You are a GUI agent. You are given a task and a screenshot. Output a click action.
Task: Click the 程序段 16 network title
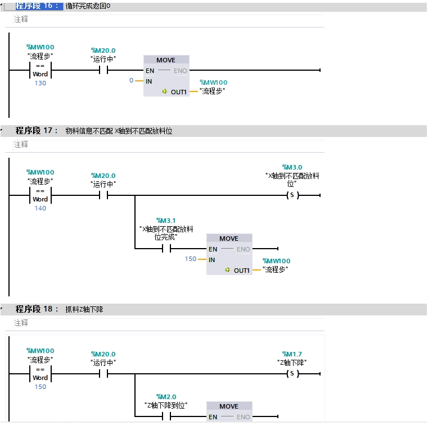pos(37,6)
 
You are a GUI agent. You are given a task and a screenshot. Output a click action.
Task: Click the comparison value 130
pos(40,83)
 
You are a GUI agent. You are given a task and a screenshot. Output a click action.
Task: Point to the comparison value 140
pos(40,208)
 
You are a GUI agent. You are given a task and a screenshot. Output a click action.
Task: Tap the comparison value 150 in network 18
pos(40,387)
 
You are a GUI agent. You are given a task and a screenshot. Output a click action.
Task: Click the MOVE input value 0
pos(132,81)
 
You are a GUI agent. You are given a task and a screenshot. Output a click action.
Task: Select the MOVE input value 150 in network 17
pos(191,259)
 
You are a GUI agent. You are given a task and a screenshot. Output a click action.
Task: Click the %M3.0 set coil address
pos(292,167)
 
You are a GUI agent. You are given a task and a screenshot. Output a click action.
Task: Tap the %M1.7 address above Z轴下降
pos(292,354)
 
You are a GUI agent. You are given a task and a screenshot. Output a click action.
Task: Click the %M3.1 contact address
pos(166,220)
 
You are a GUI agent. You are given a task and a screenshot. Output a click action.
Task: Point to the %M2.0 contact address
pos(166,397)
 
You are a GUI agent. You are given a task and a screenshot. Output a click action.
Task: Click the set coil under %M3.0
pos(292,195)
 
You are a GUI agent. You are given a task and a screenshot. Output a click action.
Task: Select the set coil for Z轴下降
pos(292,374)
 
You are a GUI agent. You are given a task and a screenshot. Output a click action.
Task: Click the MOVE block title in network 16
pos(166,60)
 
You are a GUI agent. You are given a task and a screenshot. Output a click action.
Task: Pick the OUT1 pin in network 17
pos(241,270)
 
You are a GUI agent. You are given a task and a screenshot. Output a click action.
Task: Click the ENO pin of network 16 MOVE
pos(180,71)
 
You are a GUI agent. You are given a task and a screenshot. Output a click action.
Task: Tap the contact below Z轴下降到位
pos(166,417)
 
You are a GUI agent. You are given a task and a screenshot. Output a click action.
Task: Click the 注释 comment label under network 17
pos(21,145)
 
